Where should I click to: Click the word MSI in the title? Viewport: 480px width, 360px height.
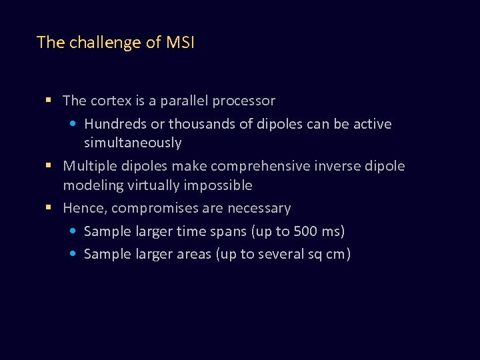179,43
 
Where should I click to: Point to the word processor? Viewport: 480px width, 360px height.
246,101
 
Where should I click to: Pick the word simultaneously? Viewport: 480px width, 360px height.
132,143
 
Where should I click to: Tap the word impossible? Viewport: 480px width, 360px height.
218,185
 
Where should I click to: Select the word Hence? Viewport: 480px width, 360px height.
83,208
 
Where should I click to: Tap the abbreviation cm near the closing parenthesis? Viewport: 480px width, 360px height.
334,254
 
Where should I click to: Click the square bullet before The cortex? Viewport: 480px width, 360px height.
49,101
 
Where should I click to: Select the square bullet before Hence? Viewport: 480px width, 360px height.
49,208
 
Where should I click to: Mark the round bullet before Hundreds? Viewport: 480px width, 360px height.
73,124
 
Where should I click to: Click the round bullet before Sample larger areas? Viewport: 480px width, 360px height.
73,254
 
